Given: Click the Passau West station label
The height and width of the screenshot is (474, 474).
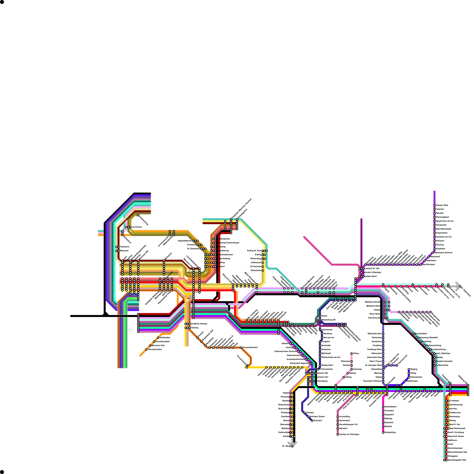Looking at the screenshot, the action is click(x=442, y=205).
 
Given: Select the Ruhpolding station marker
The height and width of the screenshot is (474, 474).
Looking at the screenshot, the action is click(x=383, y=433).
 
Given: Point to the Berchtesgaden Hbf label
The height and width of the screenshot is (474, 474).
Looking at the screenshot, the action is click(x=457, y=460).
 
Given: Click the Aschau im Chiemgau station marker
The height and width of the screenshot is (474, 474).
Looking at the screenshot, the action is click(x=338, y=435).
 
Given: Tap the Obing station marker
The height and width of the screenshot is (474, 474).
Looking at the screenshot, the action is click(x=352, y=353).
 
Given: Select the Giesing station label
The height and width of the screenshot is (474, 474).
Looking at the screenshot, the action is click(x=194, y=328).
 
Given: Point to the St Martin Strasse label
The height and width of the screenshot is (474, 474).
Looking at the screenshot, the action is click(x=199, y=324).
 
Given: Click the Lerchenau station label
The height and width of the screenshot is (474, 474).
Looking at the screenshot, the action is click(x=137, y=227).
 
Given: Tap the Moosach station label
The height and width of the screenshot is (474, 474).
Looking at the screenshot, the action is click(x=124, y=251).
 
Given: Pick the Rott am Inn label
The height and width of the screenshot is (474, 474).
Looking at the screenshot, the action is click(x=329, y=338).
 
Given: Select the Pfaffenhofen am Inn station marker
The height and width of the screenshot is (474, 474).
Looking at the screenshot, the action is click(x=320, y=358).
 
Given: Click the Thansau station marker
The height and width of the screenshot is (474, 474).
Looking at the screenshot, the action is click(x=304, y=413).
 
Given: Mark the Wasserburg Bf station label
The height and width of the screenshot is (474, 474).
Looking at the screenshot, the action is click(x=329, y=320).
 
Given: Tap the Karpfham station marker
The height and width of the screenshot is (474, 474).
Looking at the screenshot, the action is click(x=435, y=249).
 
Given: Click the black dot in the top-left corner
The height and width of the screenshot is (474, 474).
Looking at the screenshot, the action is click(x=2, y=2).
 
